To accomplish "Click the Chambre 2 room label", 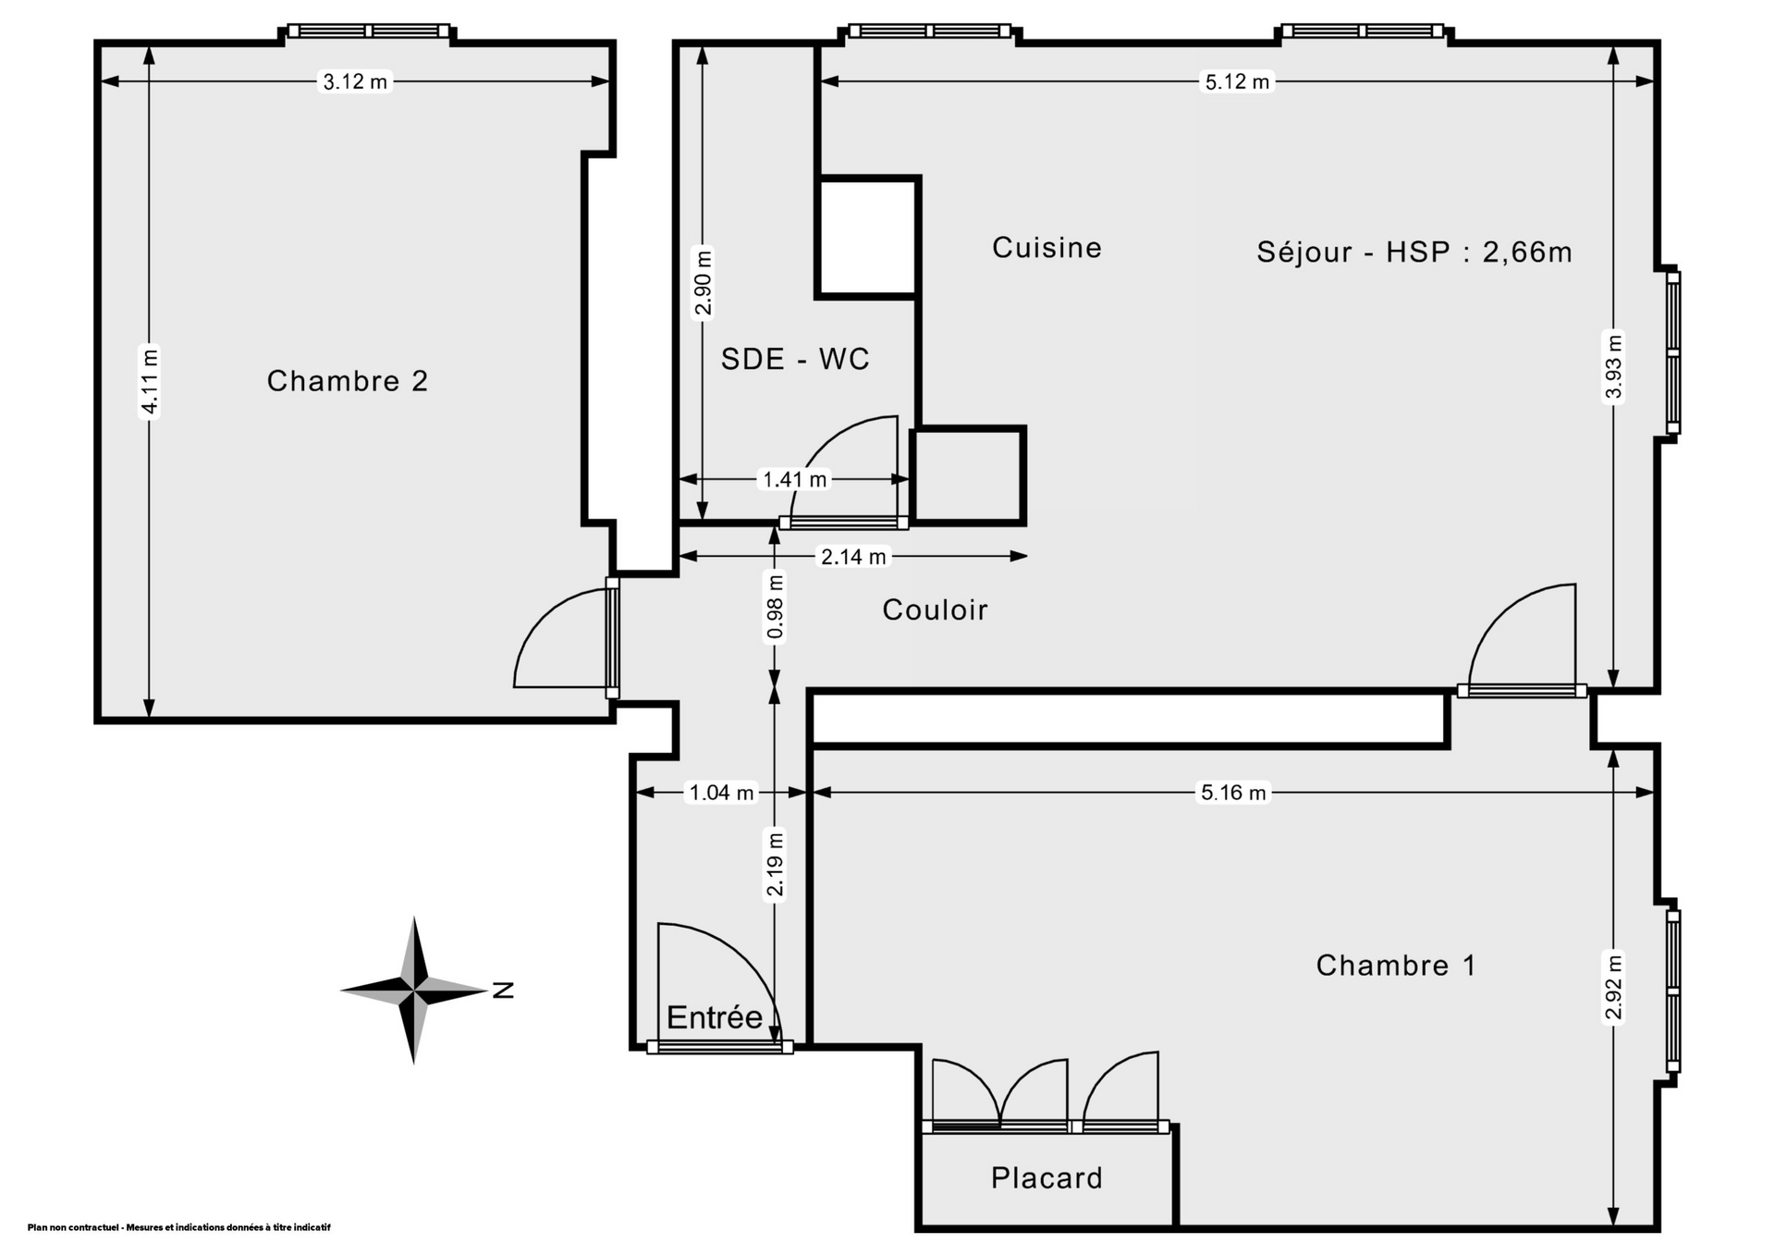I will pos(348,381).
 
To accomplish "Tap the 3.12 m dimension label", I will pos(355,82).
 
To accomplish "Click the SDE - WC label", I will pos(795,359).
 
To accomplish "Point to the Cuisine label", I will pos(1047,248).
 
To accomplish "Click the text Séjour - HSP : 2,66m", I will pos(1414,252).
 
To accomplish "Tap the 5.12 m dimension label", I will pos(1237,82).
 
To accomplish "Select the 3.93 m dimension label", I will pos(1613,366).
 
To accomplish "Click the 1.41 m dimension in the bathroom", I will pos(794,479).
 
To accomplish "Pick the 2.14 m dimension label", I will pos(853,557).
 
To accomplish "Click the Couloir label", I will pos(935,610).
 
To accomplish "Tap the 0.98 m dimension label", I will pos(776,607).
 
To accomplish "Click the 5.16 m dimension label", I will pos(1232,793).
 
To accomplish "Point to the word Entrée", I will pos(714,1017).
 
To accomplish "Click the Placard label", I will pos(1047,1178).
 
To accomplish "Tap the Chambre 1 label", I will pos(1395,966).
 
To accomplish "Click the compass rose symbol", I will pos(414,991).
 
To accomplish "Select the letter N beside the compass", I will pos(502,991).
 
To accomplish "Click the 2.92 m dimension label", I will pos(1613,986).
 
